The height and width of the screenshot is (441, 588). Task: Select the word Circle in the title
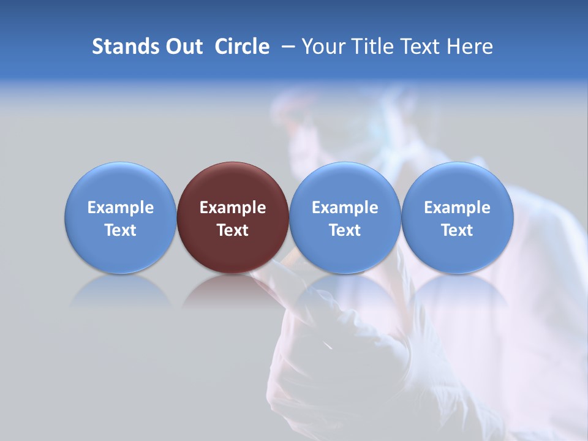pos(242,47)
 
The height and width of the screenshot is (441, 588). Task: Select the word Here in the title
pos(470,47)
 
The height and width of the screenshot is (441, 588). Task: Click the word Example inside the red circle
pos(233,208)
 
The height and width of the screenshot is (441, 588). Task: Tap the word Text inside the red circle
pos(233,230)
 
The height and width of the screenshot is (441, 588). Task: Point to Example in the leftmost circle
pos(120,208)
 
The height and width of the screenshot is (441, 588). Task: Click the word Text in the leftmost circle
pos(120,230)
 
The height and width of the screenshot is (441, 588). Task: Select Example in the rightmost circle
pos(458,208)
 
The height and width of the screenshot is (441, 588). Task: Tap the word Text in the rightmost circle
pos(458,230)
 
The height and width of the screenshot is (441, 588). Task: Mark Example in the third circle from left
pos(345,208)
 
